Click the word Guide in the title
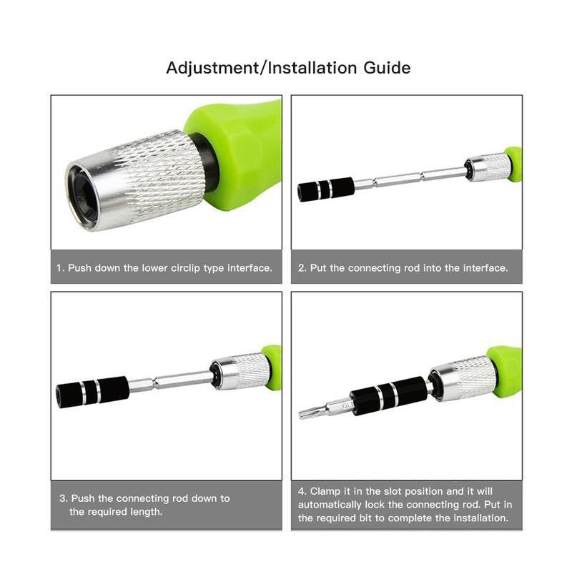pyautogui.click(x=387, y=68)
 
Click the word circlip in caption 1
pyautogui.click(x=186, y=268)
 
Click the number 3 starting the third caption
pyautogui.click(x=63, y=498)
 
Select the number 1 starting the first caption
pyautogui.click(x=59, y=268)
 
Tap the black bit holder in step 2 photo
pyautogui.click(x=326, y=189)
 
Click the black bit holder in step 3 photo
pyautogui.click(x=92, y=391)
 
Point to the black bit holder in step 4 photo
pyautogui.click(x=389, y=396)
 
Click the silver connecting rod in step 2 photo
pyautogui.click(x=409, y=177)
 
